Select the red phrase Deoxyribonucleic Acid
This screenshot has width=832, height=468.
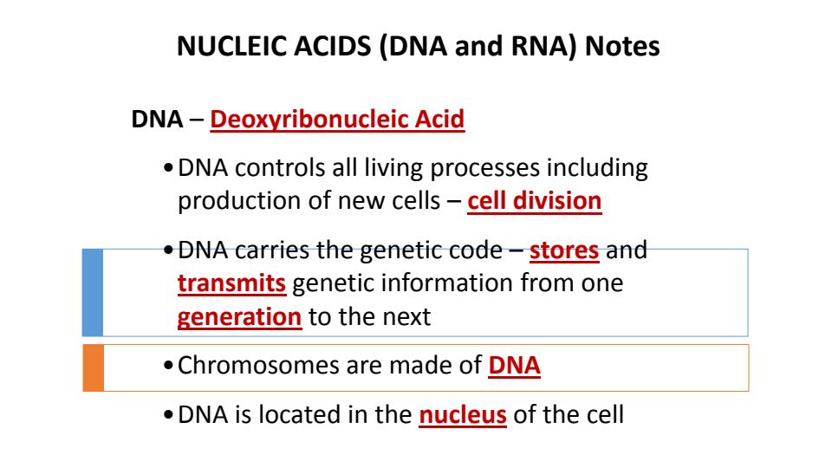click(x=338, y=119)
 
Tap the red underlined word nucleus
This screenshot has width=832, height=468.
click(x=463, y=414)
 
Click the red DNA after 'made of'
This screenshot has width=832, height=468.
click(x=514, y=367)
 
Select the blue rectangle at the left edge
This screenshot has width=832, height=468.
click(x=92, y=292)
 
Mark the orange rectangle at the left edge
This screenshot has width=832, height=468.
click(x=92, y=367)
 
